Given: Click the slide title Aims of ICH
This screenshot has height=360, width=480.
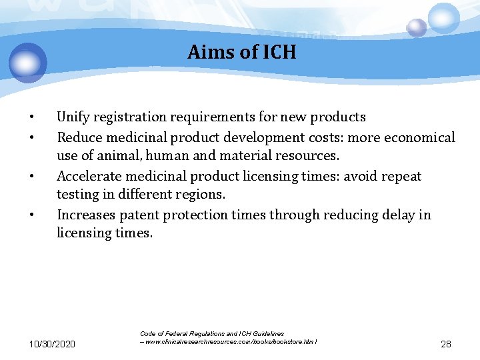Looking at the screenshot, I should coord(241,52).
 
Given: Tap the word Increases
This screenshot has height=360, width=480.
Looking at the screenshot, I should coord(87,215).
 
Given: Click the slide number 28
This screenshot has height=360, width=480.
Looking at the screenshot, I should coord(446,344).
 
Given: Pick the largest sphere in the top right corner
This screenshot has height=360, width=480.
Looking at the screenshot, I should coord(443,18).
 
